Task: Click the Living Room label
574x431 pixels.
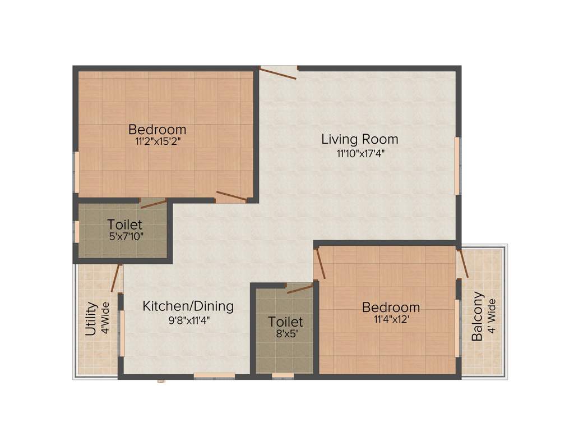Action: pos(359,139)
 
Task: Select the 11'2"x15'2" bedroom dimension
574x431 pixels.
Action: pos(158,141)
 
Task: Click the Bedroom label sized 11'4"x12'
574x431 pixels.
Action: pos(391,307)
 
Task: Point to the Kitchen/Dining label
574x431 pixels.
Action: pos(188,306)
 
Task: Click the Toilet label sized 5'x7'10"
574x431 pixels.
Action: pos(124,224)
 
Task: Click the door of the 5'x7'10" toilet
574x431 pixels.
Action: pos(153,203)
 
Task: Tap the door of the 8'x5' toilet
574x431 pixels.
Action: pos(299,288)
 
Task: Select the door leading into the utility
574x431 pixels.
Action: pos(117,278)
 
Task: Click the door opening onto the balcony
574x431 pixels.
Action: pos(463,263)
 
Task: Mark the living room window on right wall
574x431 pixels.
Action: pos(457,166)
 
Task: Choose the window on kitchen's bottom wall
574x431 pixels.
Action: pos(214,375)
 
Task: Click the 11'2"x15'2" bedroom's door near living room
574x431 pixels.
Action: pos(231,196)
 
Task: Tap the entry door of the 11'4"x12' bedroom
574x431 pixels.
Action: pos(320,264)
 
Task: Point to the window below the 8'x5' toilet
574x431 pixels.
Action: pos(283,375)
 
